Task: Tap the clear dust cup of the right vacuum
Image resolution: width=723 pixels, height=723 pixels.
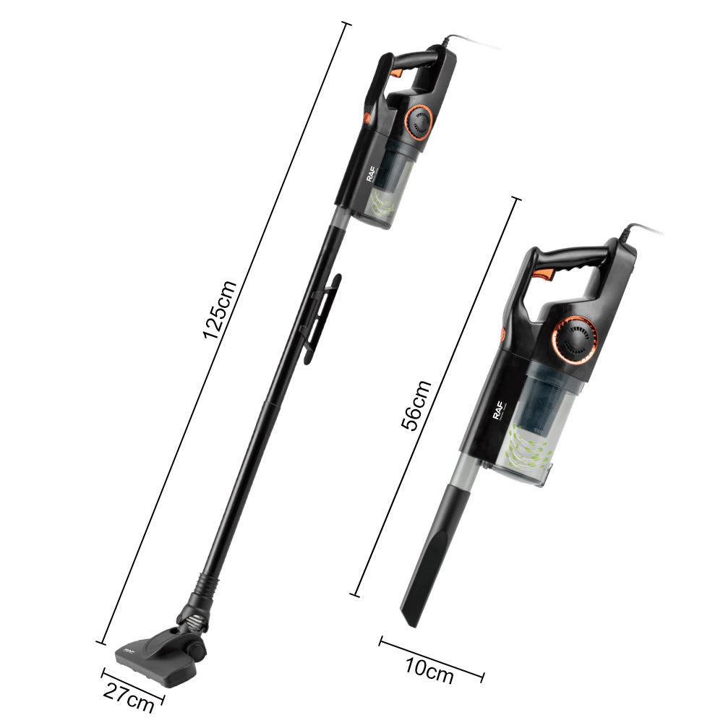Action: pos(535,434)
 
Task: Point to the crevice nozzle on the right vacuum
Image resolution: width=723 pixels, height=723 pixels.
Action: pos(434,549)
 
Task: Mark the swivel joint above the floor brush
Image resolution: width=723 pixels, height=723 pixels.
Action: pos(195,611)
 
